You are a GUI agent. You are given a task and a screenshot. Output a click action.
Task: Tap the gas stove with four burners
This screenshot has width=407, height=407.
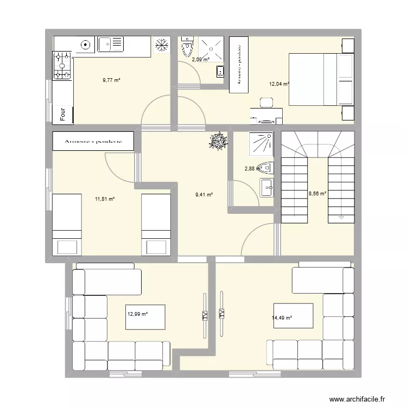62,66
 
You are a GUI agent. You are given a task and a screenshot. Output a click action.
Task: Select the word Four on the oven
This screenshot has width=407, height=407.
63,114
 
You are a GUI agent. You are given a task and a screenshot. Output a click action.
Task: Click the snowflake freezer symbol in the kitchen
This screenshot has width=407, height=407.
161,46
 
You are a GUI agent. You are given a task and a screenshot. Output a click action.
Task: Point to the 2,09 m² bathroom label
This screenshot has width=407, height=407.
200,60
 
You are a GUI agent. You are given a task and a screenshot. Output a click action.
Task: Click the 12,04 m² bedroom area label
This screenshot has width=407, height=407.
279,84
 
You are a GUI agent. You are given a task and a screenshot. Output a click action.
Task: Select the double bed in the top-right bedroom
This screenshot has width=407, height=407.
320,79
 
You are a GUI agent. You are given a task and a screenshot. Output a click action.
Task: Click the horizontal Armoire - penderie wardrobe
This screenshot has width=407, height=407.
92,142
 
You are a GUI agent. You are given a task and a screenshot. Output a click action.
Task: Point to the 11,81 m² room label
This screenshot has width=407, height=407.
105,199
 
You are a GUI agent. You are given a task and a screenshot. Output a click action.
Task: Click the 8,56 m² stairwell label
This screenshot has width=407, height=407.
317,193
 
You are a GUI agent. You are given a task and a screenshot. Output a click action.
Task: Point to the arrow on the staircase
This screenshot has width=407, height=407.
341,217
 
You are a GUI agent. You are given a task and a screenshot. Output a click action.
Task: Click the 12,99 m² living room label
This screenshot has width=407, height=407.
138,313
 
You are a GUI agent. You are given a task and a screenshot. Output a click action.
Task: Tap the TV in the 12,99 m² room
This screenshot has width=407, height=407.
205,315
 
